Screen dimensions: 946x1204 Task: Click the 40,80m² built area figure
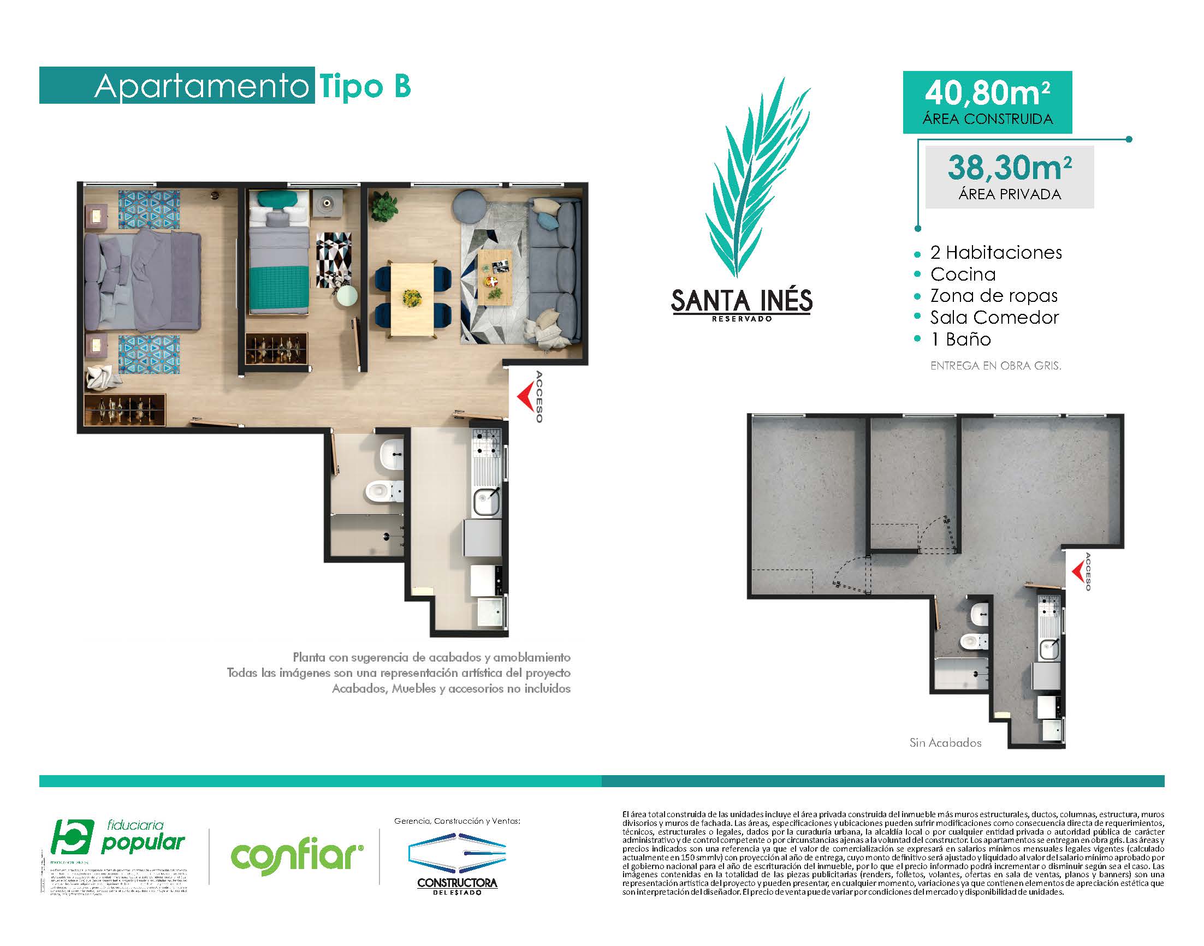click(987, 92)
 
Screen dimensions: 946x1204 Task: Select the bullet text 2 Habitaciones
click(995, 253)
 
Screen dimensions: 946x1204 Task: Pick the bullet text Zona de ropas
click(993, 296)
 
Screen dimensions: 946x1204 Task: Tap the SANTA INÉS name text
click(742, 301)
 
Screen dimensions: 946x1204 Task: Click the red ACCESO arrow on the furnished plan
click(525, 396)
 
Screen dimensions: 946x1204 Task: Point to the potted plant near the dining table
click(384, 205)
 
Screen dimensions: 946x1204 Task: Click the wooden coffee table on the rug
click(494, 277)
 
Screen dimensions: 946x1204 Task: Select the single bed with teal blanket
click(277, 258)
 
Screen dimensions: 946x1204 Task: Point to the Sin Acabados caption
click(945, 743)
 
